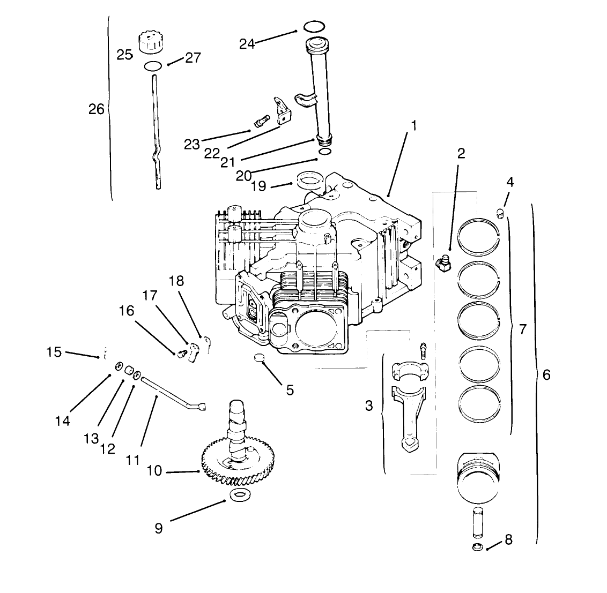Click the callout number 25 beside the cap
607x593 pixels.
[x=124, y=55]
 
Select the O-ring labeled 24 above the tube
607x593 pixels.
[x=314, y=26]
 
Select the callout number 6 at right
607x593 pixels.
[x=546, y=374]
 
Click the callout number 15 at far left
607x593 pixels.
[x=54, y=352]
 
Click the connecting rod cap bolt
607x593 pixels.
[x=423, y=350]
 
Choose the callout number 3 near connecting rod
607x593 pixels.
[x=368, y=406]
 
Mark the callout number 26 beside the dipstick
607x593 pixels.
[x=97, y=109]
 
